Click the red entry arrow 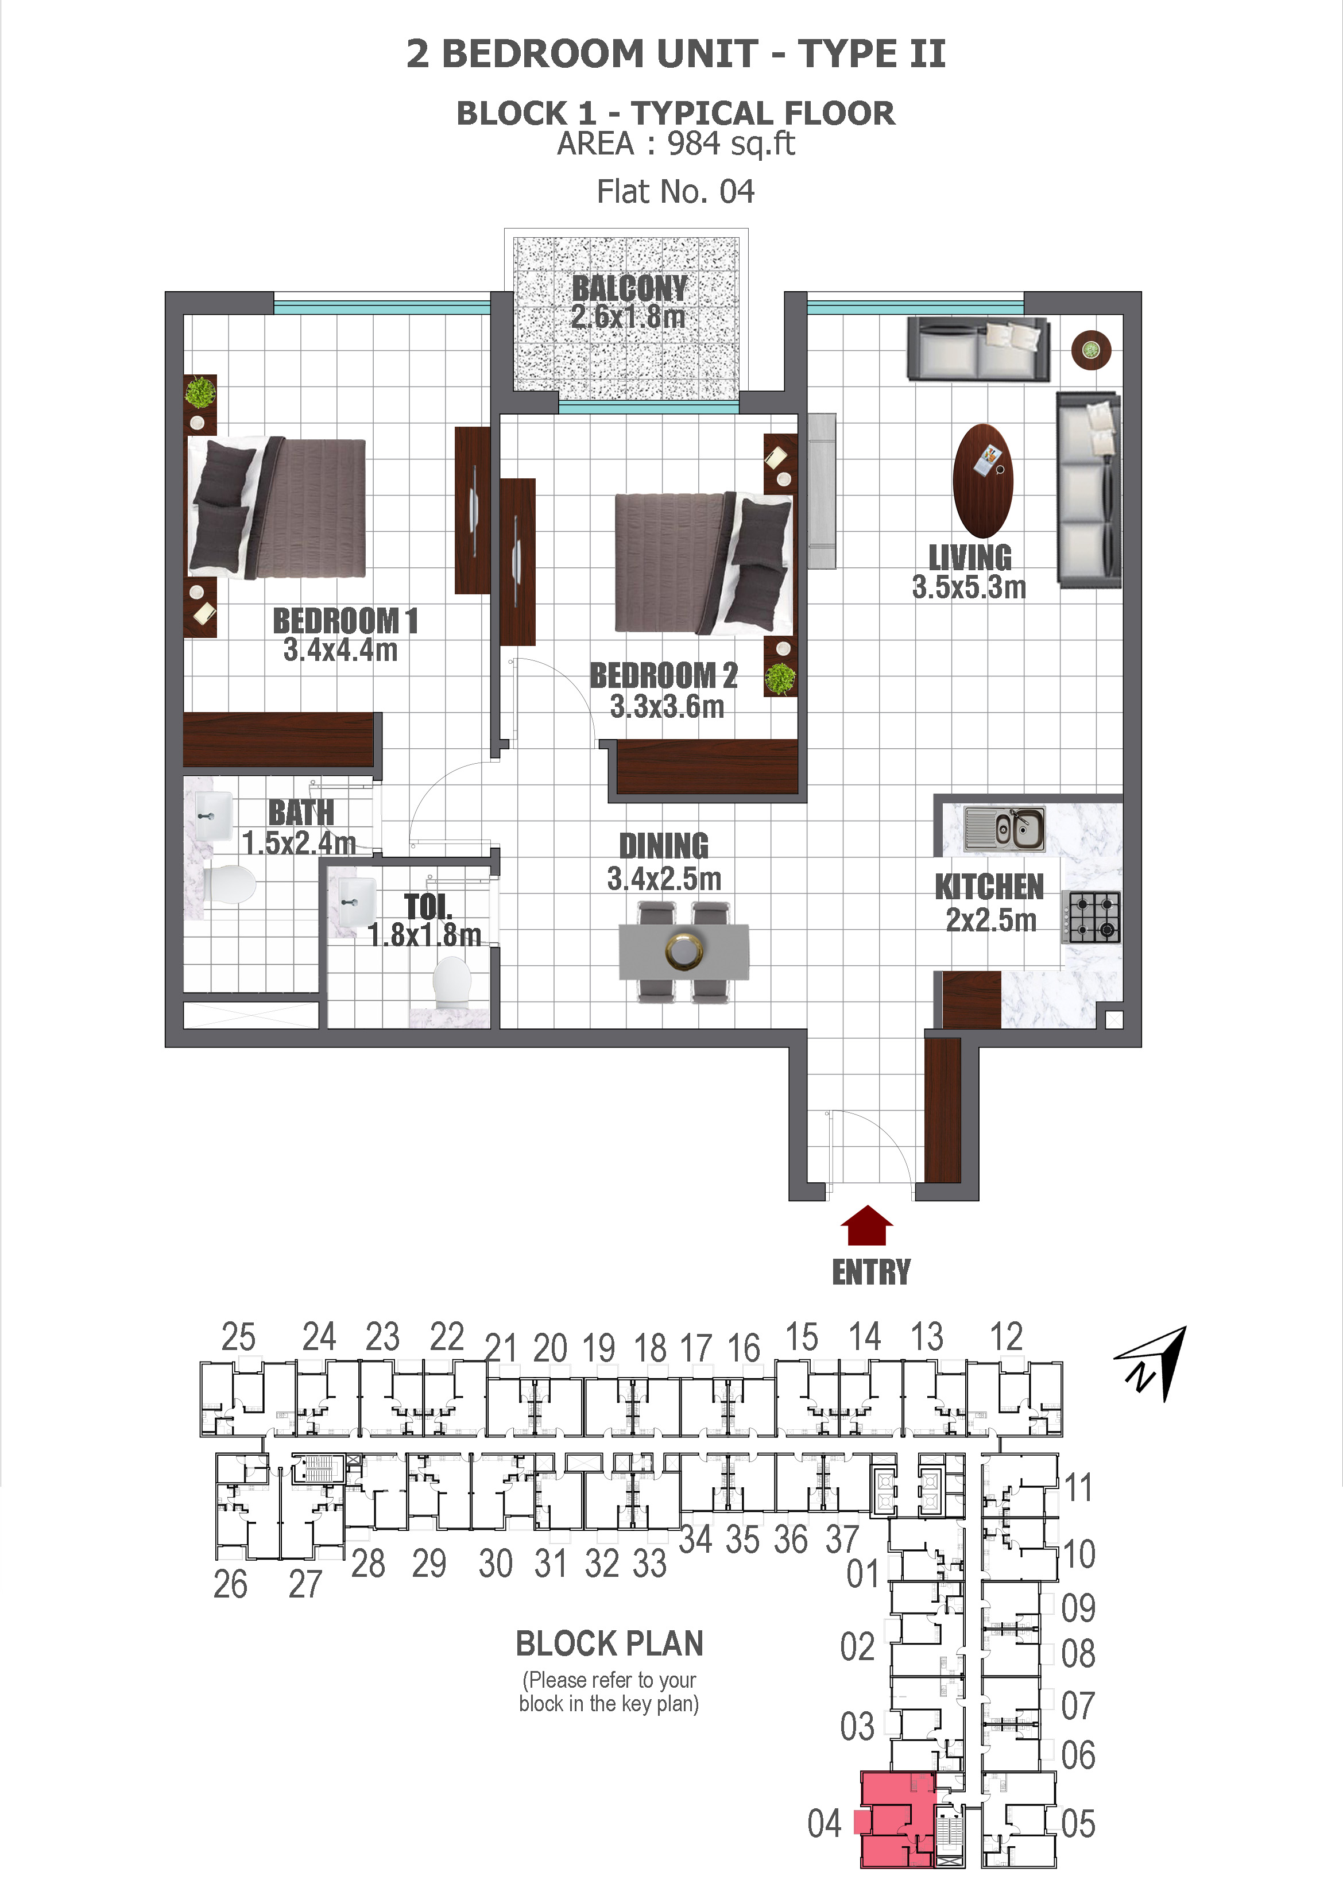pos(866,1227)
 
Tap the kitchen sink pos(1004,828)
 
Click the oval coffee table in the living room pos(982,481)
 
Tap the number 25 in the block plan pos(238,1337)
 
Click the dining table pos(684,951)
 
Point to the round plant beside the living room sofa pos(1091,350)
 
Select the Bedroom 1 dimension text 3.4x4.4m pos(340,650)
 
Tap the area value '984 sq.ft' pos(730,144)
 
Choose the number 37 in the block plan pos(842,1539)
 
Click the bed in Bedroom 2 pos(702,562)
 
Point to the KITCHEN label pos(989,887)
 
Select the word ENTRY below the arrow pos(871,1272)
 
